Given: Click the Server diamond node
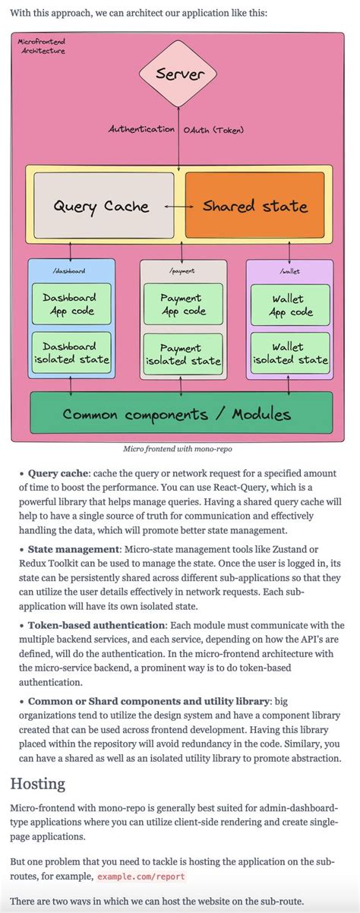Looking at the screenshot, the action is point(179,74).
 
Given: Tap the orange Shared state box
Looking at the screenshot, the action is point(254,206).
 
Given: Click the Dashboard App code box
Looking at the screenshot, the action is point(70,304).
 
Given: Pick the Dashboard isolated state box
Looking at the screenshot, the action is point(70,352).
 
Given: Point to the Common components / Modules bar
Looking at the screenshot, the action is point(176,414).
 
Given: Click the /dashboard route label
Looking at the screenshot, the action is point(69,270).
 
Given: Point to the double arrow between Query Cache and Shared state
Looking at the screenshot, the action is point(178,206).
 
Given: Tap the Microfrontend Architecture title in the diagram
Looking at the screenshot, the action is point(41,46).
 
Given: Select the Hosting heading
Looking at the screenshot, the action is point(39,783).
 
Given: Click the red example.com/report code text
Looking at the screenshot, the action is point(141,876).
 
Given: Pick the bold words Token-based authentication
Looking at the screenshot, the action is point(96,625).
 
